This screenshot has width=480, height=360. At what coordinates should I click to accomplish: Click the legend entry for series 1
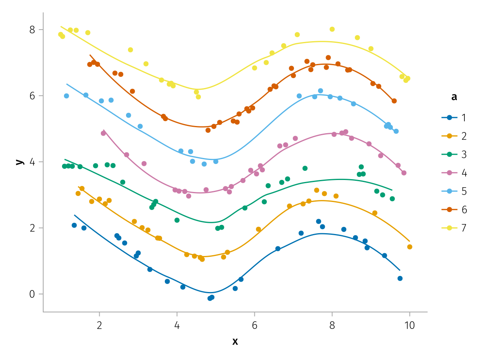click(x=454, y=118)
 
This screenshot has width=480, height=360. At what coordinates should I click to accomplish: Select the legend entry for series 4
click(x=454, y=173)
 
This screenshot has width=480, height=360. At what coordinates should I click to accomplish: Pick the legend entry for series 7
click(x=454, y=228)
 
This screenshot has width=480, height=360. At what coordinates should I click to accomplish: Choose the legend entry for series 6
click(x=454, y=209)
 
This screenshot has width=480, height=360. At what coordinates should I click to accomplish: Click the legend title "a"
click(x=454, y=97)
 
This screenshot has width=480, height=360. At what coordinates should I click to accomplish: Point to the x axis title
click(x=235, y=341)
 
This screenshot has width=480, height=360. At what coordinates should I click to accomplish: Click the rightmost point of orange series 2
click(x=410, y=247)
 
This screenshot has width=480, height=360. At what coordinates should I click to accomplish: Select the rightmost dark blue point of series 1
click(x=400, y=278)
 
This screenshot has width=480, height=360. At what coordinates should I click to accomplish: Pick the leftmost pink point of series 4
click(x=103, y=133)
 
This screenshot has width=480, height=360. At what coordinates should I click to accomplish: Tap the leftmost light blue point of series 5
click(x=66, y=96)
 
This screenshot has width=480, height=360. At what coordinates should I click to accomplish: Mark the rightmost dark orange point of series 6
click(x=394, y=101)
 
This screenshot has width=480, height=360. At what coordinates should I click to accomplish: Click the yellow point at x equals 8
click(x=332, y=29)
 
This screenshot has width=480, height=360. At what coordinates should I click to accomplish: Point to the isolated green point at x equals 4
click(x=177, y=220)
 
